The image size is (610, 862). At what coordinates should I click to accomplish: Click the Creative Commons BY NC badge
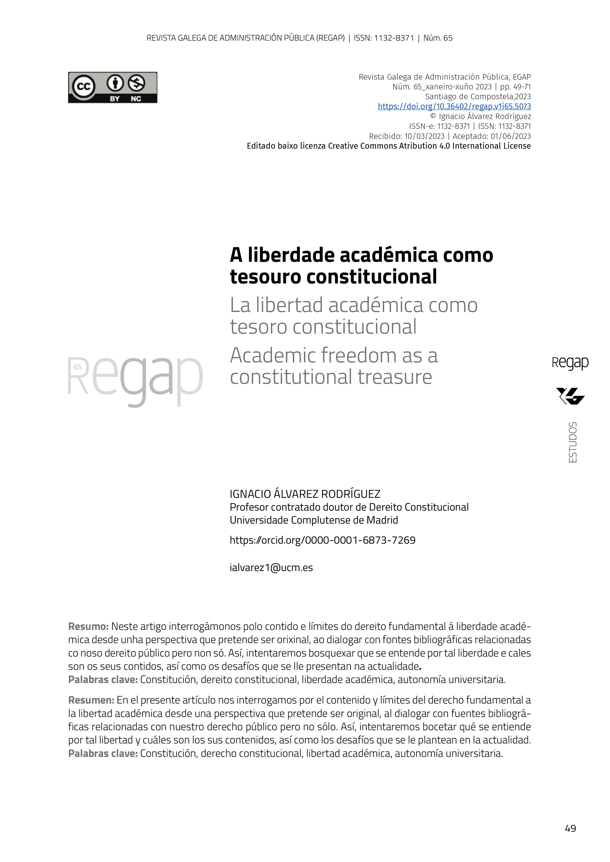point(113,88)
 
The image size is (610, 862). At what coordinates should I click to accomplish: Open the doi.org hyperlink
point(454,106)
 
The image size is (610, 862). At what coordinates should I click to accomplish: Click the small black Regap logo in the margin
point(570,363)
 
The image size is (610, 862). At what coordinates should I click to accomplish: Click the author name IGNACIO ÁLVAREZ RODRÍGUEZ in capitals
point(305,494)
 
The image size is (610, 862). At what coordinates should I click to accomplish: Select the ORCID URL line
point(322,540)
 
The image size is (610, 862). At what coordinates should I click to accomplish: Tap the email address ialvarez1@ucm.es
point(271,568)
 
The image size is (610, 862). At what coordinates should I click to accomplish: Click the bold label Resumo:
point(88,627)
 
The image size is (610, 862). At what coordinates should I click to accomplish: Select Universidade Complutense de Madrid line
point(314,520)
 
